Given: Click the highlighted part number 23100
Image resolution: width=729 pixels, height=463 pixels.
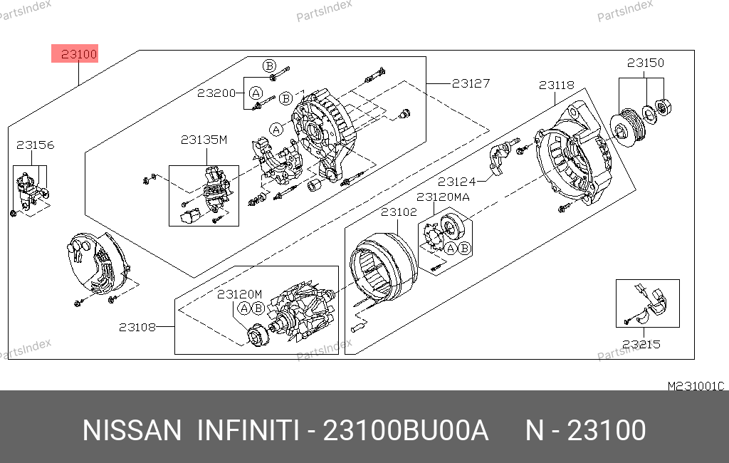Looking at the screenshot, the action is (x=78, y=54).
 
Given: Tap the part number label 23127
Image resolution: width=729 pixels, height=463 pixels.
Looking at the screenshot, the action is (x=471, y=83).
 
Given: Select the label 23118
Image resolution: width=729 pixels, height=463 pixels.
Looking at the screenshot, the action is (x=557, y=85).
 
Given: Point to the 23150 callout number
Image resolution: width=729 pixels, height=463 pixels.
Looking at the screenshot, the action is (x=645, y=63).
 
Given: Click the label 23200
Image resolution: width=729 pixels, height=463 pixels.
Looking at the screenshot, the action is (x=216, y=93).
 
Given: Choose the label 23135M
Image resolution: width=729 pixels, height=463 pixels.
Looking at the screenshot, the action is (x=204, y=140).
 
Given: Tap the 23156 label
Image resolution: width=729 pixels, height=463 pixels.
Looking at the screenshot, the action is (x=36, y=145).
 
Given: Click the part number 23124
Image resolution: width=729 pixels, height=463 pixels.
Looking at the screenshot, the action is (x=457, y=182).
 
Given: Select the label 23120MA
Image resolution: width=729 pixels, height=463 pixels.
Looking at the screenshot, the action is (x=443, y=197).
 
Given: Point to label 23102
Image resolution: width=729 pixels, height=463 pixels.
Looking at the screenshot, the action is (x=399, y=212).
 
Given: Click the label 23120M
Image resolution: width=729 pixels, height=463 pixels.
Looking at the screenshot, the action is (x=239, y=294).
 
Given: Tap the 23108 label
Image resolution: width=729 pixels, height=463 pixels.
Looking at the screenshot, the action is (x=137, y=327).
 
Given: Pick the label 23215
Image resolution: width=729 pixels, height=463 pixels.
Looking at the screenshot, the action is (x=641, y=344).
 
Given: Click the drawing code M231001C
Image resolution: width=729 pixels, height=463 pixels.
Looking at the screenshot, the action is (x=696, y=386).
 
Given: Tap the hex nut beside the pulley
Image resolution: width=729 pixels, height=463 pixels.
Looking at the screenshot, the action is (x=662, y=108).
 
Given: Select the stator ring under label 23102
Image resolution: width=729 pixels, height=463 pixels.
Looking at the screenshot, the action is (x=384, y=266).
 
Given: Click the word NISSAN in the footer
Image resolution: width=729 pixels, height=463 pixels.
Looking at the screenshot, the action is (x=132, y=430).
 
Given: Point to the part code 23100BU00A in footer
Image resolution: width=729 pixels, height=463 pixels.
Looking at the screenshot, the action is (x=405, y=430).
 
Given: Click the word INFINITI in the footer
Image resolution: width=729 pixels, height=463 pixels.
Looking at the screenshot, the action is (x=248, y=430).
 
